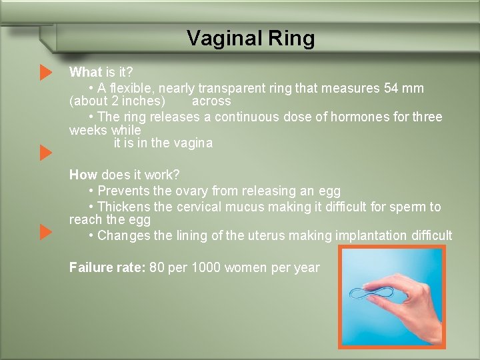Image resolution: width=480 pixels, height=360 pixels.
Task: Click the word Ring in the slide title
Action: tap(291, 39)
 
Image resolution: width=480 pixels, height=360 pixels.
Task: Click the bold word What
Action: tap(85, 72)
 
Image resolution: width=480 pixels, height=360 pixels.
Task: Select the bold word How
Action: tap(83, 175)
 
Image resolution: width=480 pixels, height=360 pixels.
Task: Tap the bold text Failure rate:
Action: tap(107, 268)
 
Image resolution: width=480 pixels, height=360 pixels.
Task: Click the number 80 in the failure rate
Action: tap(157, 268)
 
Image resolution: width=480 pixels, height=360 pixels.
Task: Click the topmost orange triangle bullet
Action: tap(45, 72)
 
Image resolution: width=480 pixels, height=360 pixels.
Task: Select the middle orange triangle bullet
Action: tap(45, 153)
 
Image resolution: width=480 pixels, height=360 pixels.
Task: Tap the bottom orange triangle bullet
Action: tap(45, 233)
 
